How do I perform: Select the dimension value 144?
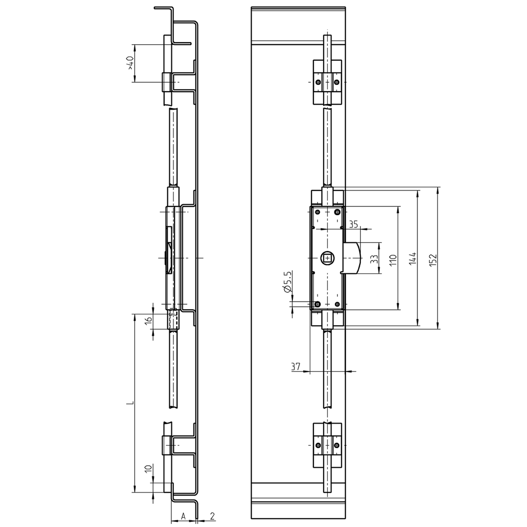(x=412, y=258)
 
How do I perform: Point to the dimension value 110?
(x=393, y=258)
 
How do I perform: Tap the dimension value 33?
(x=374, y=258)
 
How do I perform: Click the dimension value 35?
(x=353, y=224)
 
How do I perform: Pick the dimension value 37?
(x=295, y=366)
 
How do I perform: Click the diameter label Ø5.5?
(x=288, y=282)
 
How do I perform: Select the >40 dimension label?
(x=130, y=63)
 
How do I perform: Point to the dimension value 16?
(x=148, y=320)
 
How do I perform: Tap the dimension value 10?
(x=148, y=469)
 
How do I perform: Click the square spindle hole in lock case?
(x=327, y=258)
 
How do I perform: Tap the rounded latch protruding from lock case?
(x=354, y=258)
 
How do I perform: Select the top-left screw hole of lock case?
(x=318, y=213)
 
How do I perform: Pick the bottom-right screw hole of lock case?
(x=337, y=304)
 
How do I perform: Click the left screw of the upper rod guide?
(x=319, y=81)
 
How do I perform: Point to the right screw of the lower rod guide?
(x=337, y=445)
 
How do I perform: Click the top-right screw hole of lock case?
(x=337, y=213)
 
